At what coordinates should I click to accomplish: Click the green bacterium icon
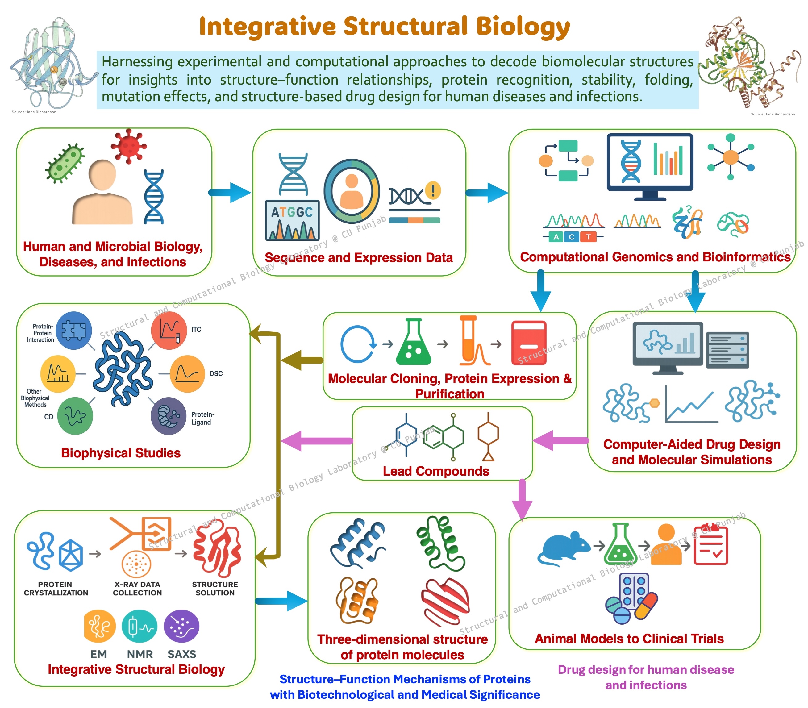[x=65, y=163]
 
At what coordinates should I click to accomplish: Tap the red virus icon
[x=128, y=146]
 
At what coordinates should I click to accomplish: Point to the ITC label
[x=196, y=329]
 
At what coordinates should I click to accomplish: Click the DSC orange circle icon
[x=187, y=373]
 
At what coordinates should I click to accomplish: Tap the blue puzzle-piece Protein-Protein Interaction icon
[x=73, y=330]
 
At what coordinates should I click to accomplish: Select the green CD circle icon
[x=75, y=416]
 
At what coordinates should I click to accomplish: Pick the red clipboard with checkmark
[x=711, y=544]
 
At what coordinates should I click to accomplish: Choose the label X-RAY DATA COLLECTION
[x=137, y=588]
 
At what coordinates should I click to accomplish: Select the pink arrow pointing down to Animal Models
[x=522, y=499]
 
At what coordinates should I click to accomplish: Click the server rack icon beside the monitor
[x=727, y=350]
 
